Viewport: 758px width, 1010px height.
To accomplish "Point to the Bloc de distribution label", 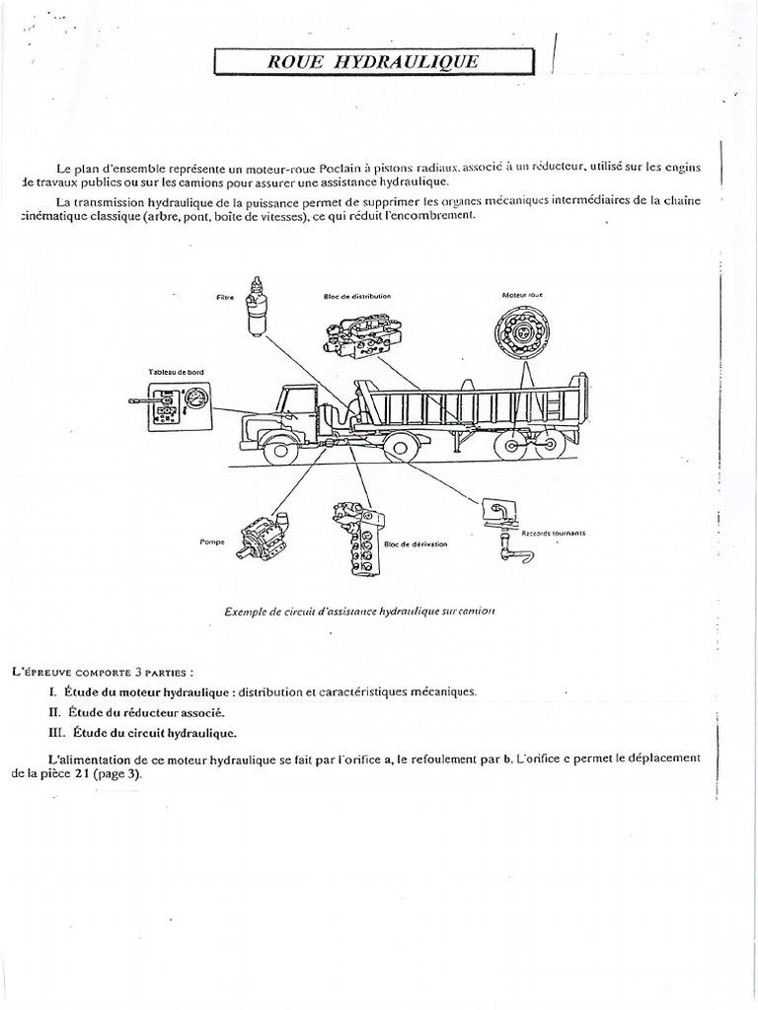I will [x=356, y=295].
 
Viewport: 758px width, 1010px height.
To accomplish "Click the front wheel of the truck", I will [x=282, y=451].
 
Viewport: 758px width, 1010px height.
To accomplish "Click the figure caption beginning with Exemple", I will [x=359, y=611].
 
